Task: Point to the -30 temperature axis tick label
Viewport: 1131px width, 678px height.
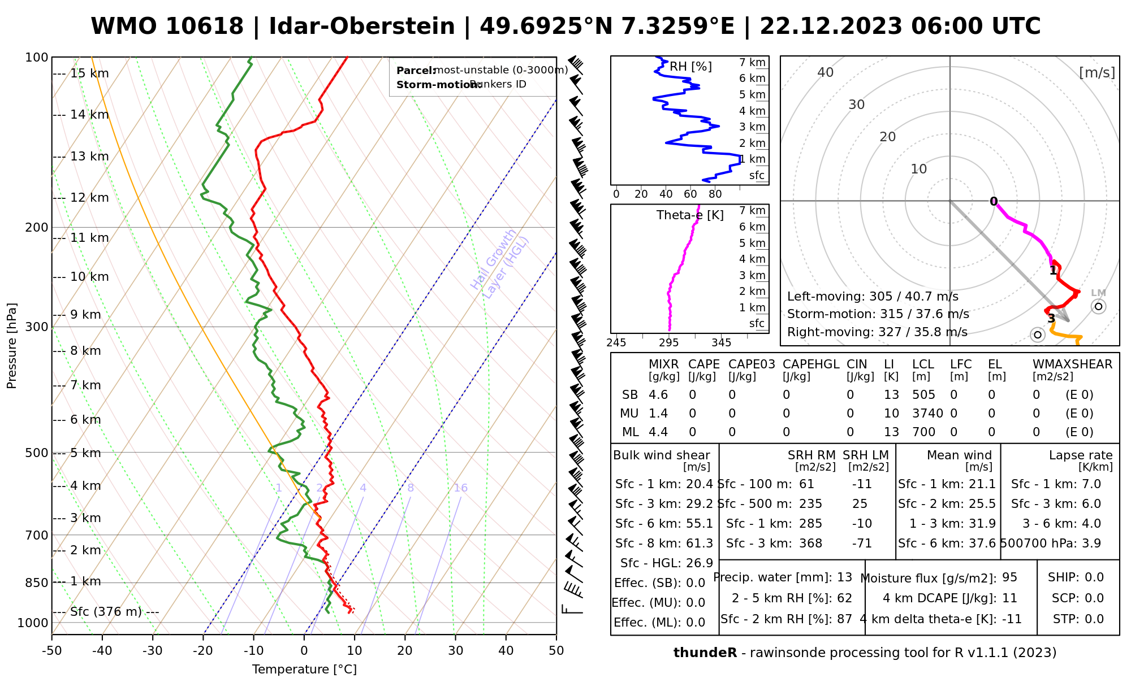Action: (153, 651)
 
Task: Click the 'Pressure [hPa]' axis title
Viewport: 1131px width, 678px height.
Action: (12, 346)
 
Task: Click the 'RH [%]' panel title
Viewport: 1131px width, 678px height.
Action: (690, 67)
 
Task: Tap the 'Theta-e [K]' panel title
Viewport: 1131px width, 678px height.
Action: (690, 215)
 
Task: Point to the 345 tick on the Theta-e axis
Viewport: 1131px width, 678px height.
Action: (721, 343)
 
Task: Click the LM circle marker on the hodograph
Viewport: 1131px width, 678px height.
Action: (1098, 307)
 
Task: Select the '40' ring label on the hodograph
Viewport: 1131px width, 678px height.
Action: (826, 72)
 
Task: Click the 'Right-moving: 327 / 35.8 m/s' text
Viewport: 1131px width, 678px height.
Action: (877, 332)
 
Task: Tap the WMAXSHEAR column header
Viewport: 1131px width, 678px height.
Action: (1072, 364)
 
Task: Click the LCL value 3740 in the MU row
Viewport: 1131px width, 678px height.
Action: (927, 414)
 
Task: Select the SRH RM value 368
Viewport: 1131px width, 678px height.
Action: (810, 544)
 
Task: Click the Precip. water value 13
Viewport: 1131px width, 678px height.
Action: (844, 577)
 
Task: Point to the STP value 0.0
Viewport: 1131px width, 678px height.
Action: (1094, 619)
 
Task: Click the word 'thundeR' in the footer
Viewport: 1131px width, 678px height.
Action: (705, 653)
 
